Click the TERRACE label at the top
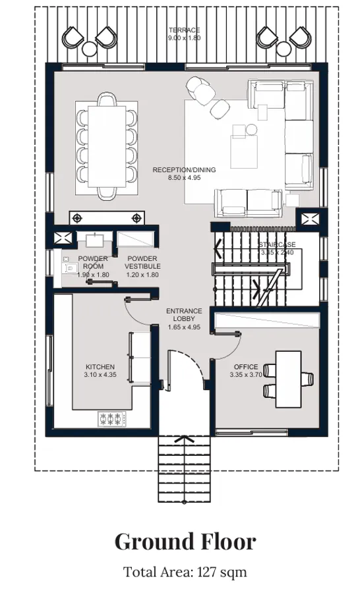pos(184,30)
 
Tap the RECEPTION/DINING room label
pos(184,169)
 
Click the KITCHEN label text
pos(100,367)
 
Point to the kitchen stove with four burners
pos(111,418)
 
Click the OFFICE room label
pos(245,367)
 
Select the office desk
pos(288,379)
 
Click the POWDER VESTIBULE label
pos(142,262)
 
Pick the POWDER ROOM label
pos(92,262)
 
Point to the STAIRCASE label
pos(276,244)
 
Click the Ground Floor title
pos(185,542)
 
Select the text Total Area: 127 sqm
pos(185,572)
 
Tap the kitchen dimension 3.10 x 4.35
pos(100,375)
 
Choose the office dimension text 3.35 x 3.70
pos(245,376)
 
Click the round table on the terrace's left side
pos(88,47)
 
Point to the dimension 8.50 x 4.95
pos(184,177)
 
